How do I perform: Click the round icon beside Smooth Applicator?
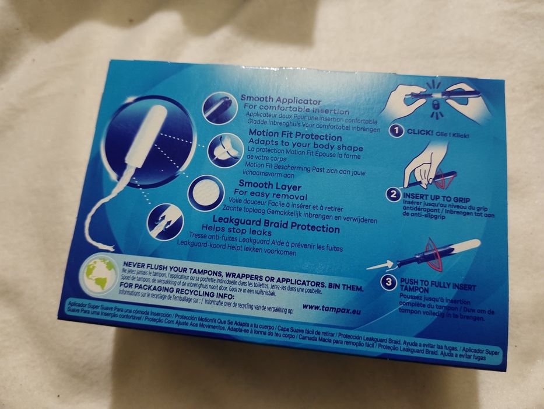coord(217,108)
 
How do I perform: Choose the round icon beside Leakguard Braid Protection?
coord(166,222)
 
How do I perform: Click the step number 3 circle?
coord(388,283)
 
